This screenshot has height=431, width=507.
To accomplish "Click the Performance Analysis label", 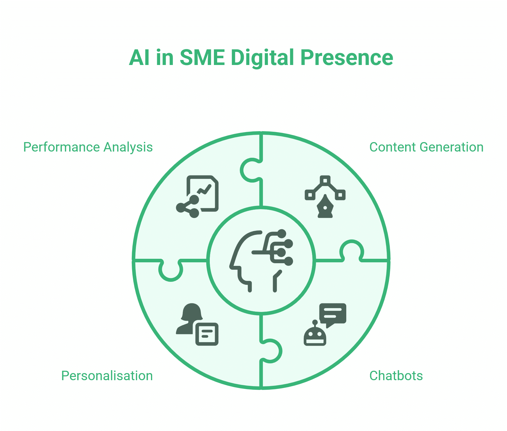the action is tap(88, 147).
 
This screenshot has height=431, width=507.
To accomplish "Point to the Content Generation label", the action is tap(426, 147).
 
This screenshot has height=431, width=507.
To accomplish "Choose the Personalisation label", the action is tap(107, 376).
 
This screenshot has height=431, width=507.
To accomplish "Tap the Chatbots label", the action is tap(396, 376).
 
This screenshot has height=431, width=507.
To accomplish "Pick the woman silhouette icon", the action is tap(189, 319).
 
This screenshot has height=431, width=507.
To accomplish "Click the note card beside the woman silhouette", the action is tap(207, 334).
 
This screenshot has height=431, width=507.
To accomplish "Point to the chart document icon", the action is tap(203, 193).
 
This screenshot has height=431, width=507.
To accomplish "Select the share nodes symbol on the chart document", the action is tap(188, 206).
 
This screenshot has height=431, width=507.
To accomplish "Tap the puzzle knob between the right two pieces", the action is tap(352, 251).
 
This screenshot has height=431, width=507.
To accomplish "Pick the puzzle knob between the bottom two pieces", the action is tap(271, 351).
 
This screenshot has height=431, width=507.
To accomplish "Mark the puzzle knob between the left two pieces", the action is tap(171, 270).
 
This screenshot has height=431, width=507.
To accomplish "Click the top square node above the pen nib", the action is tap(325, 180).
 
